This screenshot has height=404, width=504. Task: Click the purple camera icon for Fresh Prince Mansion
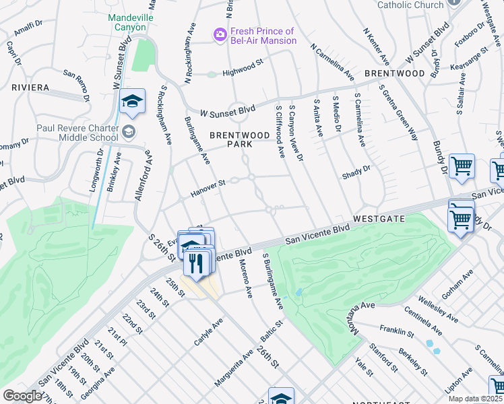[220, 35]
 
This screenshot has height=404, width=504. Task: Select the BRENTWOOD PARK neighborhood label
[230, 139]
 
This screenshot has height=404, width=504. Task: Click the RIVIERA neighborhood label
[30, 88]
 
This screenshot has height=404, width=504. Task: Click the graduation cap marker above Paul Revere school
[133, 102]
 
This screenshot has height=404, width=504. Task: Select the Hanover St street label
[207, 184]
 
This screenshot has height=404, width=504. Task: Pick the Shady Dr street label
[356, 170]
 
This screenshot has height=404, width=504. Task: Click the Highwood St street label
[242, 68]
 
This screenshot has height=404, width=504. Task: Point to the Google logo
[22, 396]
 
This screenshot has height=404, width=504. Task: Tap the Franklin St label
[396, 331]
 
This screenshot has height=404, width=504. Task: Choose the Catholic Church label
[410, 5]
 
